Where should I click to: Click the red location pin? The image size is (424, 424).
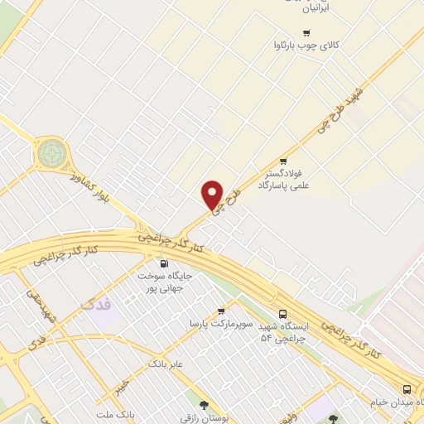(x=213, y=195)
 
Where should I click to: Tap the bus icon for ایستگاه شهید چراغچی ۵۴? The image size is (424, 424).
(x=283, y=314)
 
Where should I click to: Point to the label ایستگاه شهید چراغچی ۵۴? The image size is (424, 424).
(x=284, y=332)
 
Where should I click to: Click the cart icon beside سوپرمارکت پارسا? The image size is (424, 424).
(x=221, y=311)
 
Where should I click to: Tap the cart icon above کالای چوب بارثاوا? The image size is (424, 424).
(x=306, y=34)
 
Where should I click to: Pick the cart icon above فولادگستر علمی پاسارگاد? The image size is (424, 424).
(x=283, y=161)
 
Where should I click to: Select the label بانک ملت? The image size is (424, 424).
(x=115, y=414)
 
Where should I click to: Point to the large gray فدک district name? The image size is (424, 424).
(x=98, y=306)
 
